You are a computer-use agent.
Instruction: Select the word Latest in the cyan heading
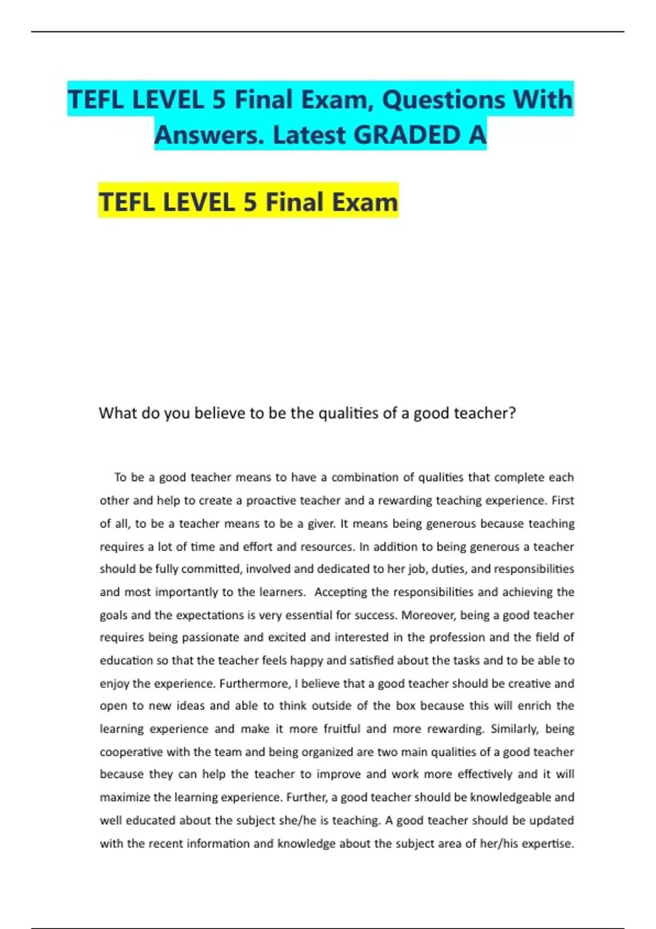click(309, 135)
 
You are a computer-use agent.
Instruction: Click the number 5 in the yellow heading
click(250, 202)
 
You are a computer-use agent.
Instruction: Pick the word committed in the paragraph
click(210, 569)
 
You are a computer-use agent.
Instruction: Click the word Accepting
click(341, 592)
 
